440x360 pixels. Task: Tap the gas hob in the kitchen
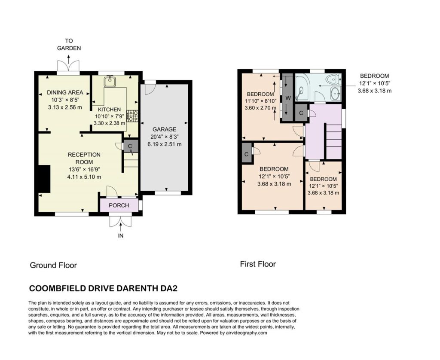point(132,116)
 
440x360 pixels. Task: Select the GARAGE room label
point(165,129)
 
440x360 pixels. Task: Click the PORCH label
point(119,205)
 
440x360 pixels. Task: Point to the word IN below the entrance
point(121,236)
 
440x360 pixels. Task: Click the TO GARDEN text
point(69,44)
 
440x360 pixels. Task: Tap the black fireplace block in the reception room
point(44,179)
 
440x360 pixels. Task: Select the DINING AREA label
point(65,92)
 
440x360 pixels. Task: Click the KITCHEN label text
point(110,110)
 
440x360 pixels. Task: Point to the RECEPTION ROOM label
point(84,158)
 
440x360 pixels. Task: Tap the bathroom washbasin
point(335,94)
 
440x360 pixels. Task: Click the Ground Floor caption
point(53,265)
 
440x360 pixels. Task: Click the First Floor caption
point(258,264)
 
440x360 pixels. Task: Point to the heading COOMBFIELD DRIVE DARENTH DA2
point(104,288)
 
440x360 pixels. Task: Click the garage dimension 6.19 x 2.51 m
point(165,144)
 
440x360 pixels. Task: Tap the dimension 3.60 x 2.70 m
point(260,107)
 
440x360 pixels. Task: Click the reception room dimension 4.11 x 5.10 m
point(84,177)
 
